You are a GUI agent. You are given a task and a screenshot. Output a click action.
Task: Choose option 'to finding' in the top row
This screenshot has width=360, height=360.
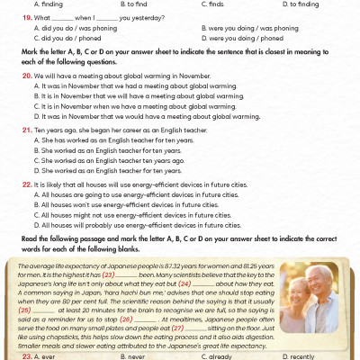click(x=301, y=4)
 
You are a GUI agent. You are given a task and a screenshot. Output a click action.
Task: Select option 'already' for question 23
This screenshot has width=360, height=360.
click(x=224, y=355)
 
